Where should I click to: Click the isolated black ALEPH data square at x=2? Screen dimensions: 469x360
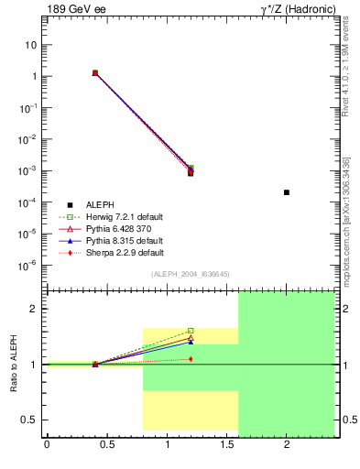(x=287, y=192)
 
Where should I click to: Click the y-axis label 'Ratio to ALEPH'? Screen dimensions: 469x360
(x=14, y=365)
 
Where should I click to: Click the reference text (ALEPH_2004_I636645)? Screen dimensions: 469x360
(x=190, y=274)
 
